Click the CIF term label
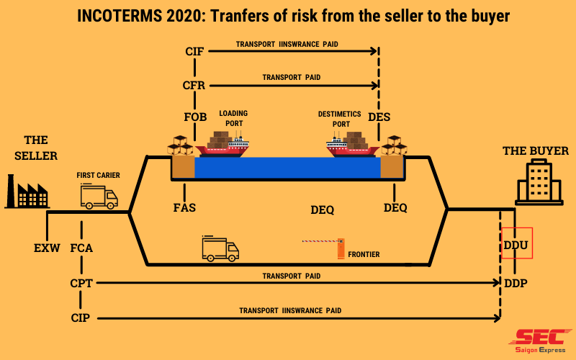click(195, 51)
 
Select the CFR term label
click(194, 85)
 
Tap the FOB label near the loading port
click(195, 117)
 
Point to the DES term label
click(379, 117)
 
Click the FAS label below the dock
click(184, 208)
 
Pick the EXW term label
click(47, 248)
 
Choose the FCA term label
click(81, 248)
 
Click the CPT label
click(81, 283)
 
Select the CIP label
click(81, 317)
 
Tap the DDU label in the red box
click(516, 246)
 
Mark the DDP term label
click(516, 283)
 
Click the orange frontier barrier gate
click(341, 247)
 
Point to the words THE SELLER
click(35, 148)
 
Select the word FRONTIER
click(364, 254)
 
